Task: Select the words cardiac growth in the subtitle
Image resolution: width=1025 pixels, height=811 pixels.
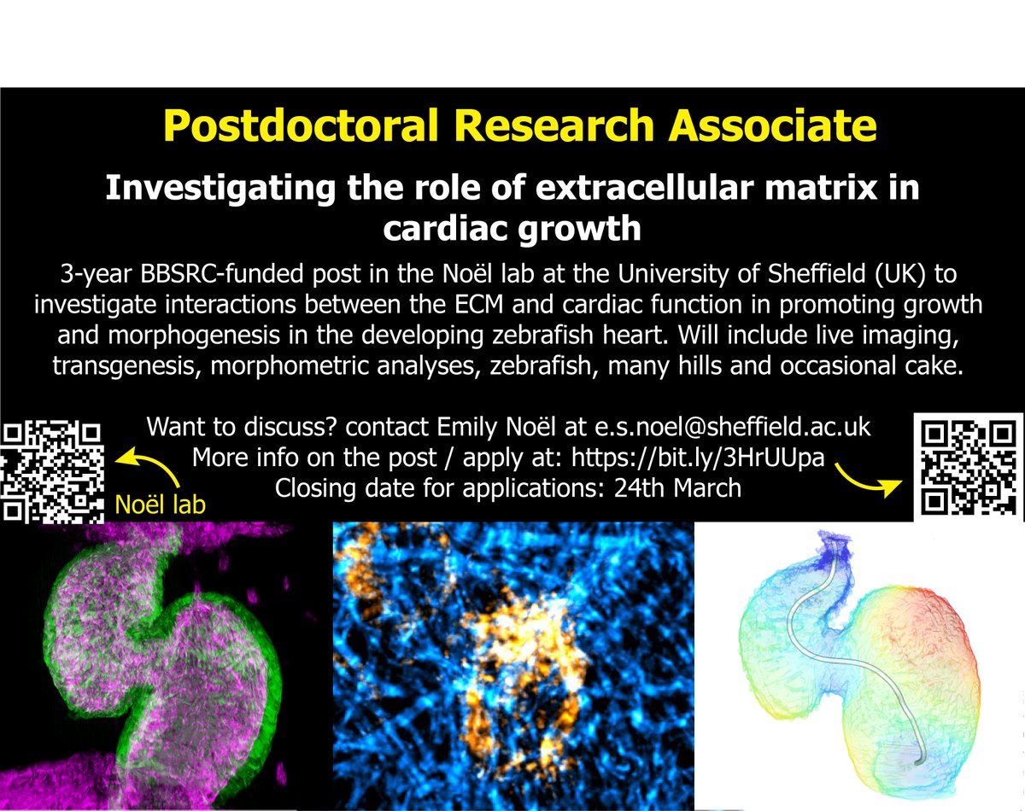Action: tap(512, 228)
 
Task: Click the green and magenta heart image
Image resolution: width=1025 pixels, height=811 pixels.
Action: tap(162, 666)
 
